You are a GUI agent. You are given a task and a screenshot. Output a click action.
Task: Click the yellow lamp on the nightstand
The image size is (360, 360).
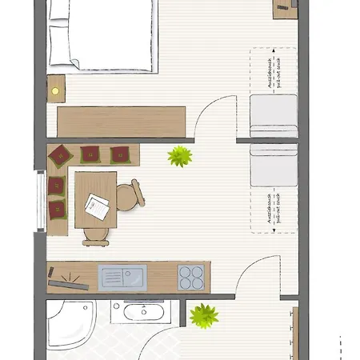point(56,90)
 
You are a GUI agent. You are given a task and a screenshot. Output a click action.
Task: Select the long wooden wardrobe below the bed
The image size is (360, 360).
point(122,122)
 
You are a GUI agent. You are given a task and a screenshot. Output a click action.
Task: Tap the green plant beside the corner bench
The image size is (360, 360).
point(180,155)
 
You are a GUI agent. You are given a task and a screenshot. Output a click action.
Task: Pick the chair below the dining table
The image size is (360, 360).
point(94,233)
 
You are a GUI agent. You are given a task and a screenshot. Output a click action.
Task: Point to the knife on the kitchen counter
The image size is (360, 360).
point(67,280)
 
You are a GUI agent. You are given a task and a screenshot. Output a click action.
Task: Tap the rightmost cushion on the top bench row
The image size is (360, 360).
point(120,153)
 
